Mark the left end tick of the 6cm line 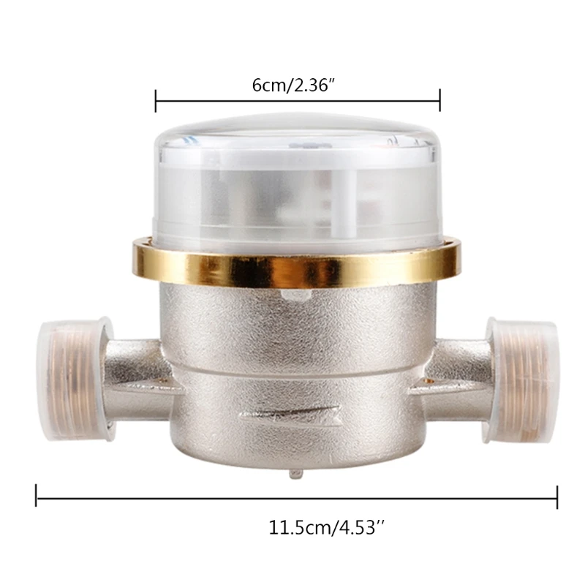coord(156,101)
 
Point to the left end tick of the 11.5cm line coord(37,497)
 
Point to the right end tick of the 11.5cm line coord(557,497)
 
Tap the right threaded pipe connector coord(521,379)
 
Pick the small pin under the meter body coord(295,473)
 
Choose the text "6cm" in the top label coord(268,85)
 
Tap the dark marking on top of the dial coord(307,146)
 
